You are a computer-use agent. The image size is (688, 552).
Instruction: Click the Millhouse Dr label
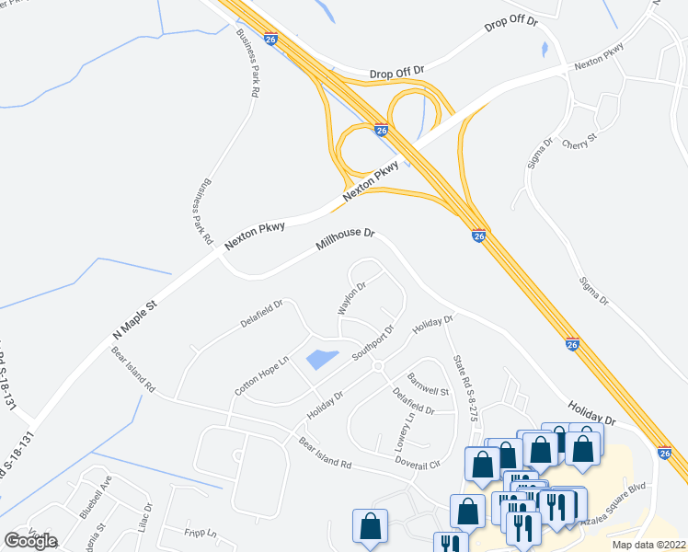coord(346,240)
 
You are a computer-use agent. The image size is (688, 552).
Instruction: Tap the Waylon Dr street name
coord(351,297)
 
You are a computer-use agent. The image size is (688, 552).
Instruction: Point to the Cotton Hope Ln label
coord(261,375)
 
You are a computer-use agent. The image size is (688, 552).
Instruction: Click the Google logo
coord(30,540)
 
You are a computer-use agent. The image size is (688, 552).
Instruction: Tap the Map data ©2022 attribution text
coord(648,545)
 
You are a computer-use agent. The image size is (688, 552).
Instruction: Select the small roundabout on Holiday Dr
coord(377,366)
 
